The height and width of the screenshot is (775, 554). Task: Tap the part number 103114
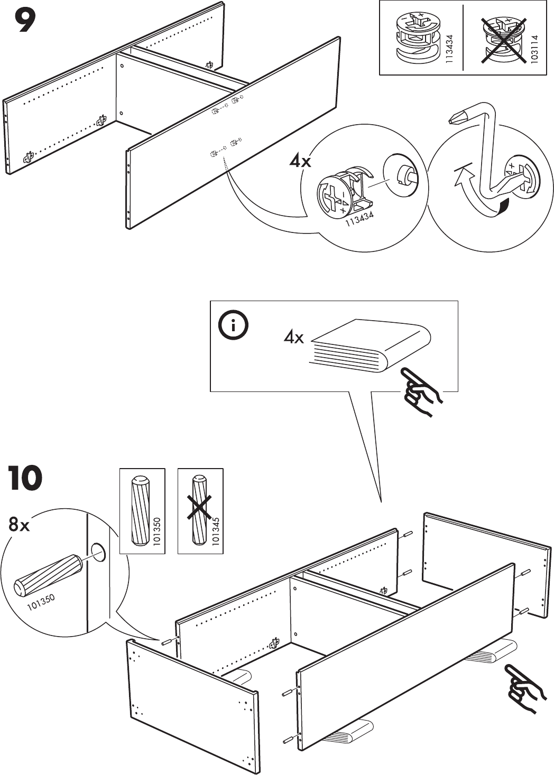pyautogui.click(x=534, y=49)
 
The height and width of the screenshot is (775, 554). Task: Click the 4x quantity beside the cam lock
pyautogui.click(x=300, y=161)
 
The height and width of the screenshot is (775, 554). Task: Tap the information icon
pyautogui.click(x=233, y=326)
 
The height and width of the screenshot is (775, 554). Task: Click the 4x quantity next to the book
pyautogui.click(x=293, y=337)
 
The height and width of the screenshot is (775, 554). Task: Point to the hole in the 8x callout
pyautogui.click(x=98, y=553)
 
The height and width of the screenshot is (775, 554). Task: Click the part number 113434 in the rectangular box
pyautogui.click(x=449, y=49)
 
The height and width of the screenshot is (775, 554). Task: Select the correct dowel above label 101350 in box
pyautogui.click(x=140, y=510)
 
